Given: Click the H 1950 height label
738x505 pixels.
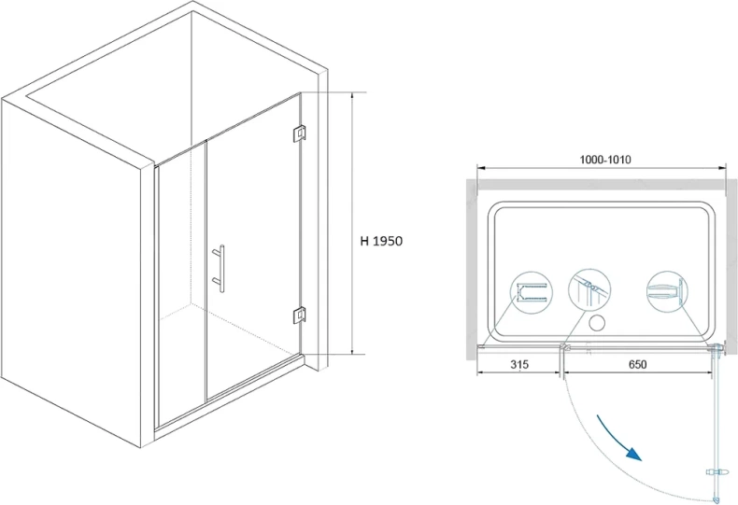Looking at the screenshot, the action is tap(381, 241).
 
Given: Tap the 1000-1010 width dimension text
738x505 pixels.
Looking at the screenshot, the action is tap(604, 160).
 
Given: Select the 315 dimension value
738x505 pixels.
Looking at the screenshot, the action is tap(519, 364).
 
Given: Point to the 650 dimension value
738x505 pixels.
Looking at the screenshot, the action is tap(637, 364).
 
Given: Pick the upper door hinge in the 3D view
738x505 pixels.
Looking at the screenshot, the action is tap(299, 133).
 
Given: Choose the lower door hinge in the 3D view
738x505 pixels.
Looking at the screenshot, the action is tap(299, 315).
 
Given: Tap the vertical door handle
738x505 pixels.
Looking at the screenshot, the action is tap(220, 269).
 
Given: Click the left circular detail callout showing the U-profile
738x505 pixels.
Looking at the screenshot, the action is tap(532, 292).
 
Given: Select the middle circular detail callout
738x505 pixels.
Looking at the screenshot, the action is tap(589, 290).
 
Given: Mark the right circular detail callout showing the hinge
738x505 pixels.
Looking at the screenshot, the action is tap(667, 291).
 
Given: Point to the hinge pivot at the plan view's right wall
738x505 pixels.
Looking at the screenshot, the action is tap(717, 349).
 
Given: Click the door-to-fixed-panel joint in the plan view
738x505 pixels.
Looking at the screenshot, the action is tap(562, 348).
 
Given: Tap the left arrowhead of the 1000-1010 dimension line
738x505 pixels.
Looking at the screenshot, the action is tap(481, 167).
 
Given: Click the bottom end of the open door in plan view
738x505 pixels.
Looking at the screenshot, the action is tap(716, 498).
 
